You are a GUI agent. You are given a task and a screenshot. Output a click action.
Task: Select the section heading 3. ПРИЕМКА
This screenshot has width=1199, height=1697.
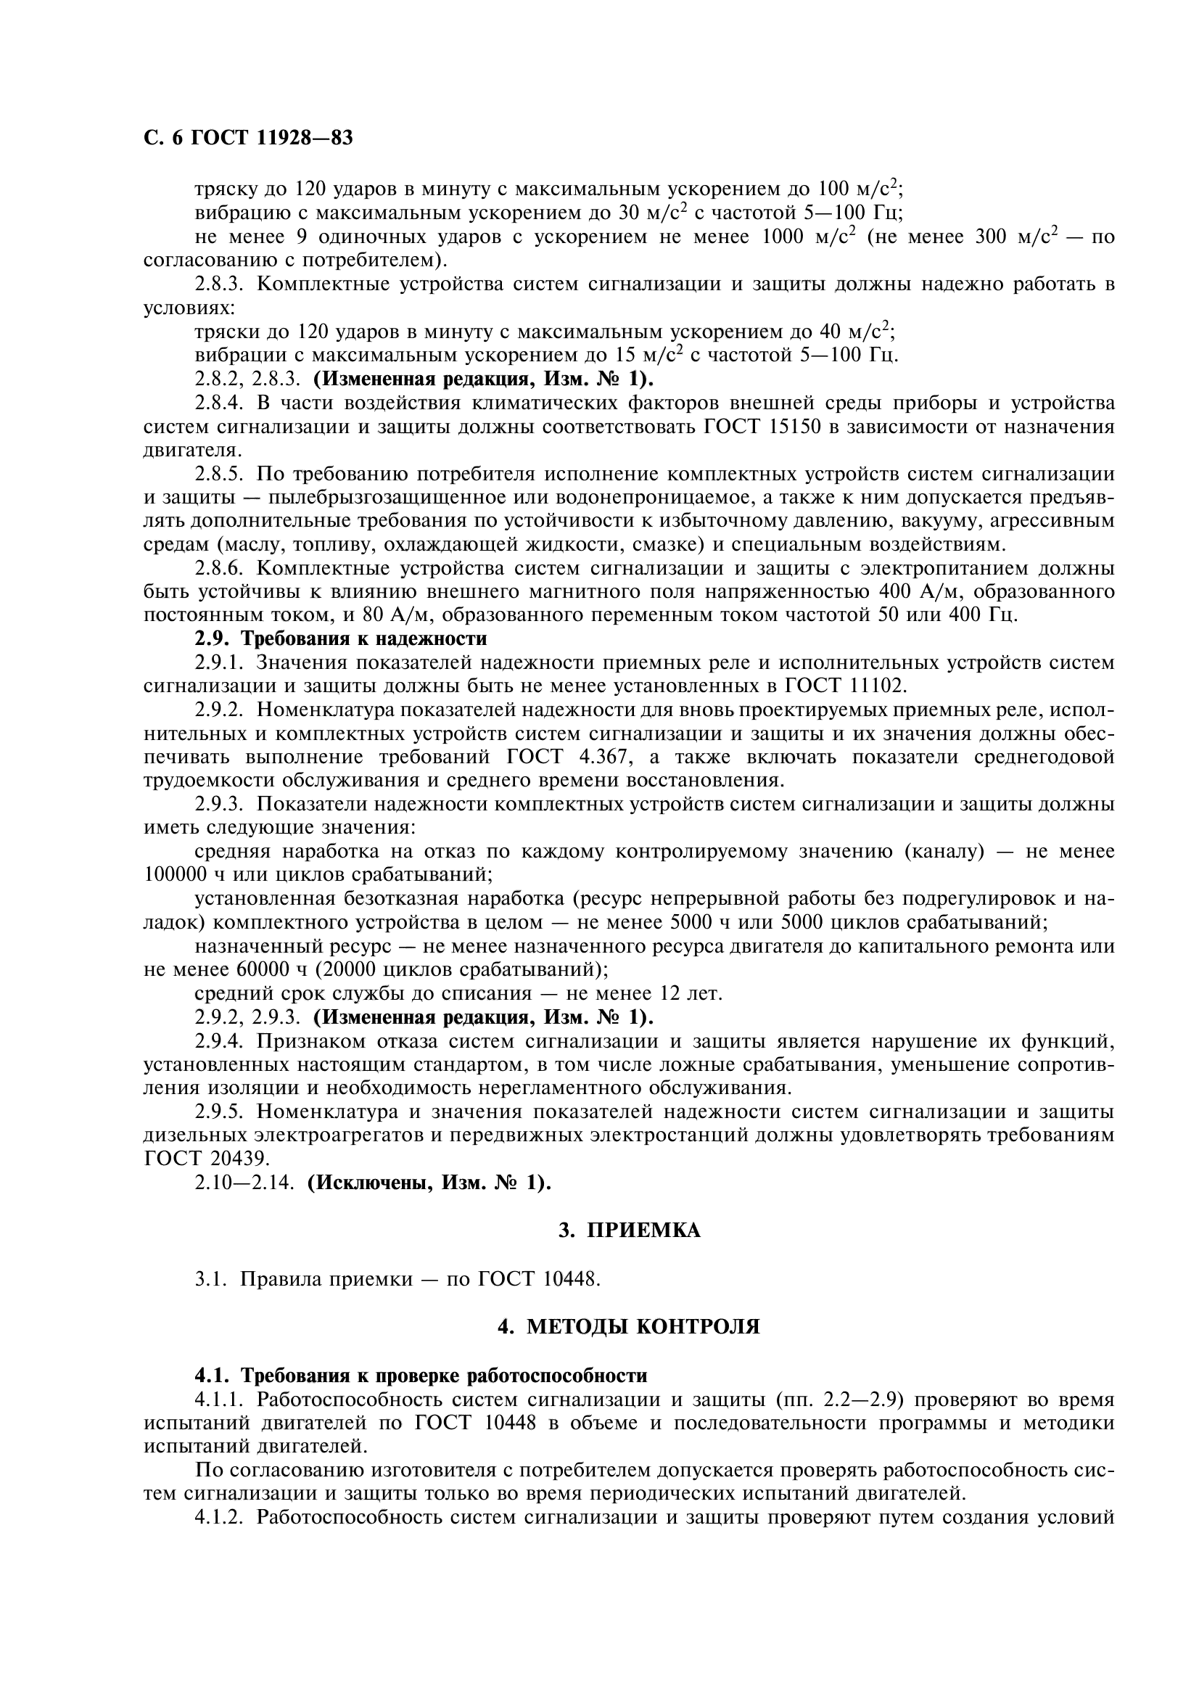point(629,1230)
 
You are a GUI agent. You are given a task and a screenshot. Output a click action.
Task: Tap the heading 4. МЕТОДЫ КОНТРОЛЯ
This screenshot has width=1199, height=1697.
point(629,1327)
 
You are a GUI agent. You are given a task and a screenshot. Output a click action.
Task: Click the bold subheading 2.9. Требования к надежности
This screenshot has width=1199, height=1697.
point(341,638)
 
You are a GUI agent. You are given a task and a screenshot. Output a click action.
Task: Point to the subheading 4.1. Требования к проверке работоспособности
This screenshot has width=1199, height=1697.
point(421,1376)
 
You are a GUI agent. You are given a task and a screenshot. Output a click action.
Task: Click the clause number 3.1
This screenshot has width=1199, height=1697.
point(211,1278)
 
